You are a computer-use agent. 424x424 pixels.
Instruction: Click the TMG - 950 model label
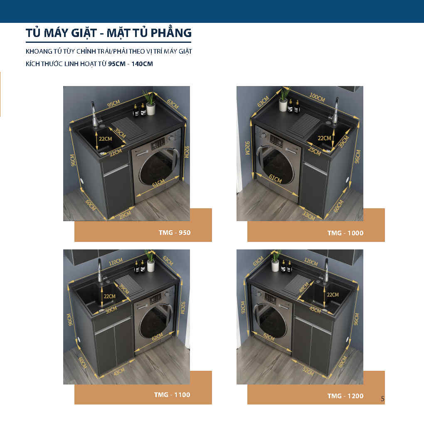(175, 232)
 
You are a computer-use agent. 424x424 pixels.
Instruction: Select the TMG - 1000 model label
(345, 233)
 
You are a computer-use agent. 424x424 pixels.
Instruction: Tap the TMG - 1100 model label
(172, 395)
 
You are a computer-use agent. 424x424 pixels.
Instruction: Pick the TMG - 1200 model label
(345, 396)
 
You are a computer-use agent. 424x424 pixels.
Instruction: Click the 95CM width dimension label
(113, 103)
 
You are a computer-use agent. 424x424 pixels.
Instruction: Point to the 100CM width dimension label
(317, 97)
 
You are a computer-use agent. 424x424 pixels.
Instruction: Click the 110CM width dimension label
(116, 262)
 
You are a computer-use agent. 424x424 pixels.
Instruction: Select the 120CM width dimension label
(311, 262)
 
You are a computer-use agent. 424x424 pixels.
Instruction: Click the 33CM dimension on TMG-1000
(308, 215)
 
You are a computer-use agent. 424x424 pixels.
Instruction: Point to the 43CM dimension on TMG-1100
(119, 372)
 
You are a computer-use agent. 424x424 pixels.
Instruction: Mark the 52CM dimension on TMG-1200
(308, 372)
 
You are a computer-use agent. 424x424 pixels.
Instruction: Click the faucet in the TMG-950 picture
(95, 114)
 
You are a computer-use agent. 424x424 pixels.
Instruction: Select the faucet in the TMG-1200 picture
(326, 272)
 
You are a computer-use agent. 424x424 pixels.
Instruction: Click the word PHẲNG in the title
(171, 33)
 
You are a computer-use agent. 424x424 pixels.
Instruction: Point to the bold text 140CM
(142, 64)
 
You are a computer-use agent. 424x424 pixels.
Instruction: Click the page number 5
(382, 399)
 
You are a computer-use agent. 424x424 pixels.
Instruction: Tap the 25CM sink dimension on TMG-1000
(315, 151)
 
